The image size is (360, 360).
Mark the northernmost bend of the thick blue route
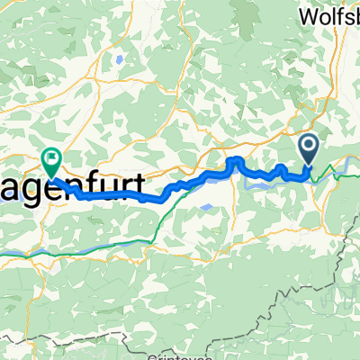236,160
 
